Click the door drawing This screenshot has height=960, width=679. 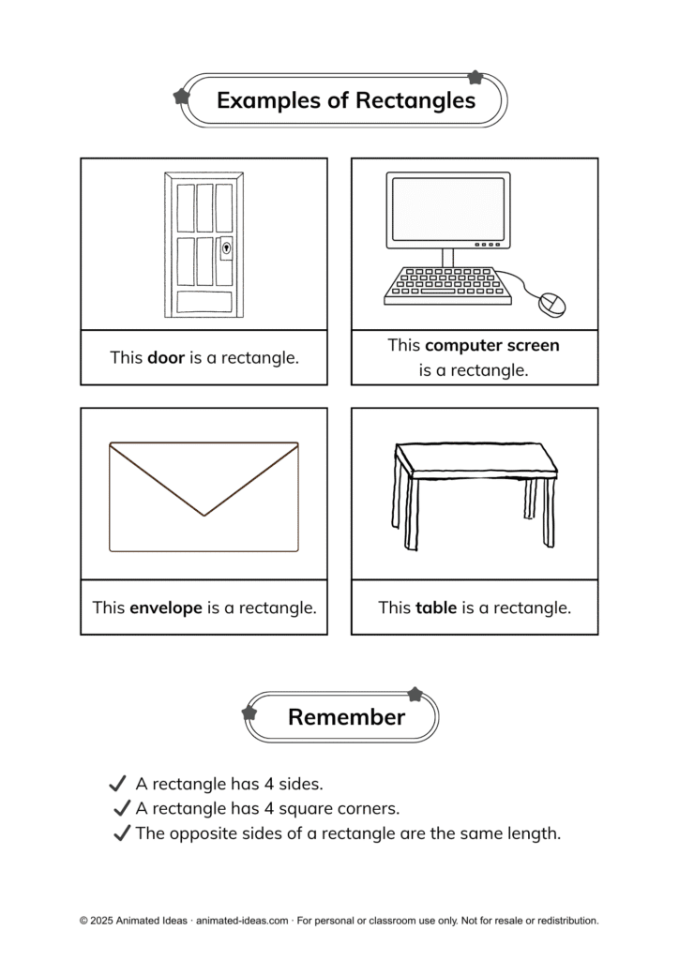pos(204,245)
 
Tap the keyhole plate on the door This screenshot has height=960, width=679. pos(225,248)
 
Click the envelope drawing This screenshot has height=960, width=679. pos(204,496)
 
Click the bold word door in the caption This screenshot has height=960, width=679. pos(166,357)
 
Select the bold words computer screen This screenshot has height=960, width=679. pos(492,345)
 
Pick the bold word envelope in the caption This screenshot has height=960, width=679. pos(166,607)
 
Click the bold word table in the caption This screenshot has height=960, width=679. pos(436,607)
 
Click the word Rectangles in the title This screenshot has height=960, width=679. pos(415,100)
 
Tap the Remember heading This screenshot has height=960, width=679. pos(346,717)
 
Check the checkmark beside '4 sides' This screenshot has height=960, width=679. pos(117,784)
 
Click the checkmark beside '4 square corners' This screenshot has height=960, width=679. pos(121,808)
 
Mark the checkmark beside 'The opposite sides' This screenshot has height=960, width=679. pos(121,832)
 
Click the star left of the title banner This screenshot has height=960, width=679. pos(182,96)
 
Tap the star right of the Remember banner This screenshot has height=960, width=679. pos(415,695)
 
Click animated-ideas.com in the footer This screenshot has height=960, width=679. pos(242,921)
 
